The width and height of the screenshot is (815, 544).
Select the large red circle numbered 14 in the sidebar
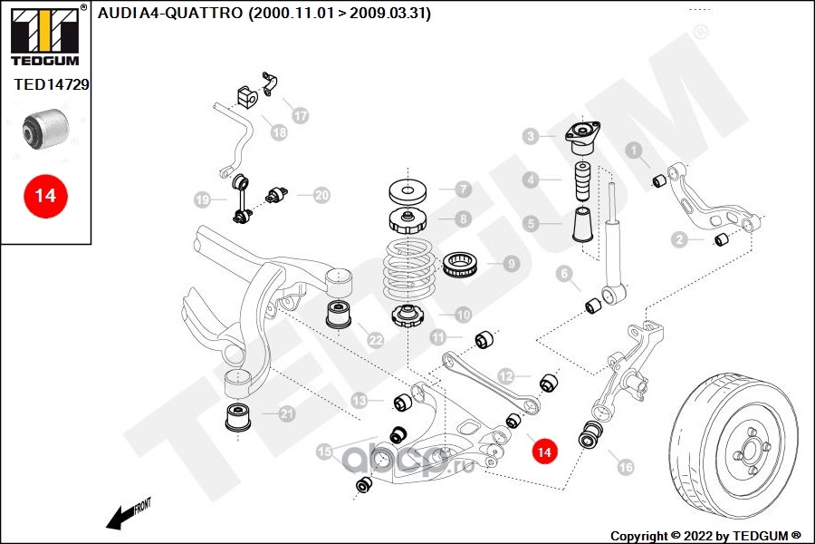point(45,195)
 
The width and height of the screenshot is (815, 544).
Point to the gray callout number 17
point(300,115)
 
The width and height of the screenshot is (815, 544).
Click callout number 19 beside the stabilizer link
point(202,199)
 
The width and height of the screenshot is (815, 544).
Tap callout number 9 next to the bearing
point(511,264)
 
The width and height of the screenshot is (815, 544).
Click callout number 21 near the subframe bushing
point(287,414)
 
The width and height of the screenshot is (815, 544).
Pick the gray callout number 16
point(625,467)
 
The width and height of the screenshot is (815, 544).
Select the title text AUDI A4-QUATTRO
point(264,14)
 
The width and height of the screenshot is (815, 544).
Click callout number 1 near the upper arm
point(635,151)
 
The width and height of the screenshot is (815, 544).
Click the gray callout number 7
point(463,189)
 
